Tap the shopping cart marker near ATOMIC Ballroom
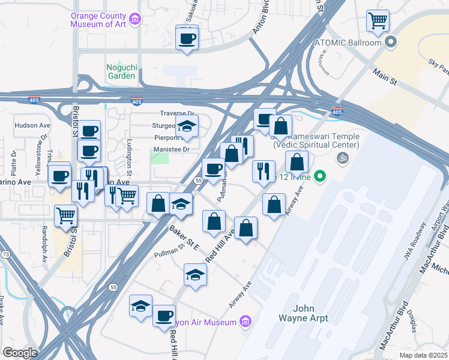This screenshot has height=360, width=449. [x=378, y=22]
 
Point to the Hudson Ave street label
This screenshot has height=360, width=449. [x=32, y=126]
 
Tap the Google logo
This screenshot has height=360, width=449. [x=20, y=353]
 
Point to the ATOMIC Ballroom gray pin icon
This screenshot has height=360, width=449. [x=391, y=43]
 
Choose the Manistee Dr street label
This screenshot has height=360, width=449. [x=172, y=149]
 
